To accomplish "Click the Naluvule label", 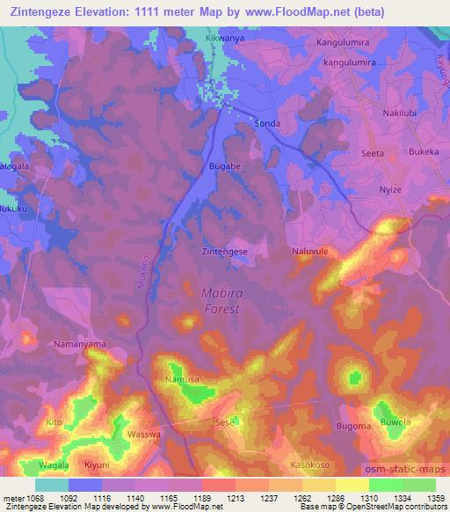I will pyautogui.click(x=309, y=251).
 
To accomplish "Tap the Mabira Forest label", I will pyautogui.click(x=220, y=301).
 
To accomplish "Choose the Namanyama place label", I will pyautogui.click(x=79, y=344).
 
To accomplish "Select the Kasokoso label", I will pyautogui.click(x=314, y=464).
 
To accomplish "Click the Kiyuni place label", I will pyautogui.click(x=97, y=464).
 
